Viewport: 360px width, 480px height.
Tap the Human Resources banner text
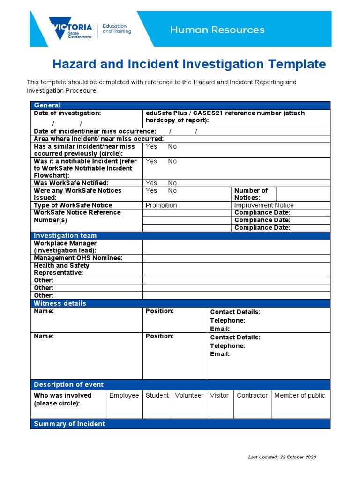pos(217,30)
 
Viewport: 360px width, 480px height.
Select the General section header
pos(47,105)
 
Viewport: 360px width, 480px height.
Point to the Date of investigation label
pos(67,113)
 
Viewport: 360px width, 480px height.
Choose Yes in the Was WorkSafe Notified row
pos(151,183)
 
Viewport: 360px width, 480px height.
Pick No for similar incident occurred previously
pos(172,146)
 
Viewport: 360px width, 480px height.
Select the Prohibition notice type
pos(161,205)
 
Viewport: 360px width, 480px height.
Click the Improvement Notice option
pos(264,205)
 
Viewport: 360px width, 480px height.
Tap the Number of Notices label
pos(251,194)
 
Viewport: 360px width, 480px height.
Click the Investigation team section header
pos(65,236)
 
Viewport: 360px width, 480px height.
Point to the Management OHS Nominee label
pos(78,258)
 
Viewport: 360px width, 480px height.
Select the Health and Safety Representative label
pos(61,269)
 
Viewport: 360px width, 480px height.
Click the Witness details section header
pos(60,303)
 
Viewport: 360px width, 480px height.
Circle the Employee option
pos(124,395)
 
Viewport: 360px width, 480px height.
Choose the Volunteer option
pos(189,395)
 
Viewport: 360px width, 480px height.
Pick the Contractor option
pos(252,395)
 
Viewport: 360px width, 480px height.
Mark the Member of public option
pos(300,395)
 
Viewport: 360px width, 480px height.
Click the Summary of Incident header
pos(69,424)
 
